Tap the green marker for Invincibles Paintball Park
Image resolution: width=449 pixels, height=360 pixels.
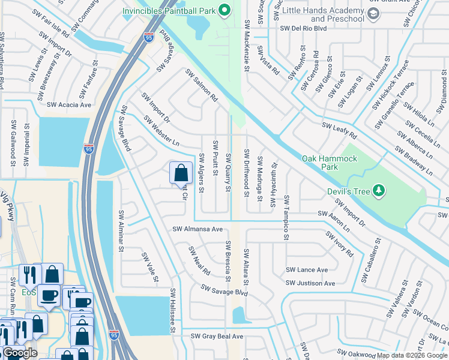coord(224,10)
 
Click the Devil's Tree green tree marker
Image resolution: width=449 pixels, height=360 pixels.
coord(378,191)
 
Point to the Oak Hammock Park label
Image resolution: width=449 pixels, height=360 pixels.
coord(330,158)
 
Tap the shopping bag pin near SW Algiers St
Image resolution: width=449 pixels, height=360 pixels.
coord(180,173)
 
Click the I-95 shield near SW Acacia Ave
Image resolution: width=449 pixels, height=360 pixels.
coord(88,149)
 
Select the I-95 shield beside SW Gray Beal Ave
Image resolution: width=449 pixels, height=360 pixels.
coord(114,334)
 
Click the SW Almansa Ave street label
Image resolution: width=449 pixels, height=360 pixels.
coord(197,229)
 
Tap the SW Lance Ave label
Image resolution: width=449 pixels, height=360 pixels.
coord(307,270)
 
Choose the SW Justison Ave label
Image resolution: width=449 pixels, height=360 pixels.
coord(310,283)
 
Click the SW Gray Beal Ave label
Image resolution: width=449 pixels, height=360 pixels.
coord(213,337)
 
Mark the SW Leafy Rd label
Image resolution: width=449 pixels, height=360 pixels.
coord(339,127)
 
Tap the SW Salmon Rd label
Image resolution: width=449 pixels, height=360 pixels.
coord(201,86)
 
